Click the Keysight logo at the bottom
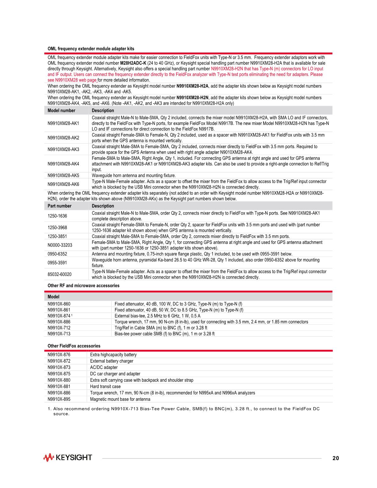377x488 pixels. [x=68, y=457]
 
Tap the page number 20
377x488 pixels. [x=335, y=458]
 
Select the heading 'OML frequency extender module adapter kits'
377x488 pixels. [x=91, y=49]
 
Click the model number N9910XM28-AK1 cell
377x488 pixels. [x=63, y=123]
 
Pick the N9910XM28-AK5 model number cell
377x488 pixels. [x=63, y=176]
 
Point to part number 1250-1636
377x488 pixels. [x=57, y=216]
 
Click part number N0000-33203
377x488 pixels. [x=60, y=245]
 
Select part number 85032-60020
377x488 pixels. [x=59, y=274]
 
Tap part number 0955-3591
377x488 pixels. [x=57, y=263]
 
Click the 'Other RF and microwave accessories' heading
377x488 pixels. [x=83, y=286]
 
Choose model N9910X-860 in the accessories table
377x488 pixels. [x=59, y=304]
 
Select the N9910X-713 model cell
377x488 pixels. [x=59, y=334]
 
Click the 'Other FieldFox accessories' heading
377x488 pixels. [x=74, y=346]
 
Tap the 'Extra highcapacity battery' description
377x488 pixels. [x=113, y=355]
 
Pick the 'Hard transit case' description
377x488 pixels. [x=105, y=386]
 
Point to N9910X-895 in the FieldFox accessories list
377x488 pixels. [x=59, y=399]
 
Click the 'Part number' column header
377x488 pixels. [x=59, y=206]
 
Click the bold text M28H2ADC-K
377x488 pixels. [x=133, y=63]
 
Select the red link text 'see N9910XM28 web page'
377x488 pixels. [x=72, y=80]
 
